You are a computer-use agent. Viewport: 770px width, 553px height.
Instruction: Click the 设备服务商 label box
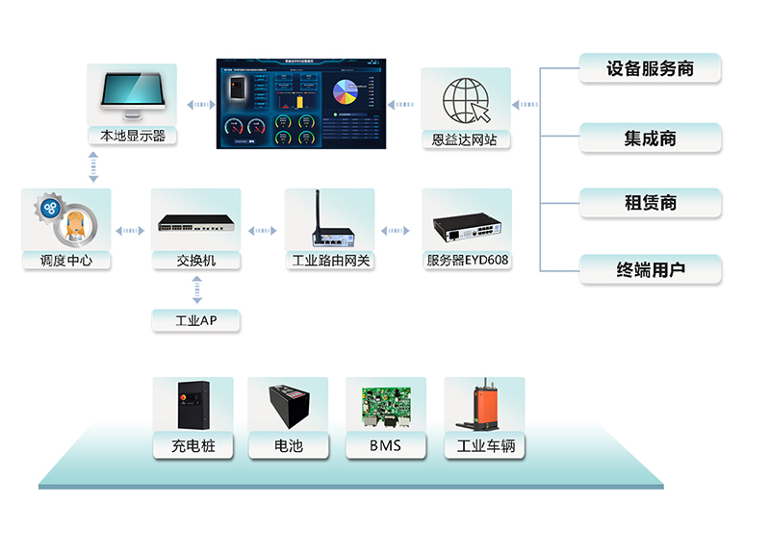coord(650,69)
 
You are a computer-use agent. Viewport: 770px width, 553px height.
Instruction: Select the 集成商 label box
coord(650,138)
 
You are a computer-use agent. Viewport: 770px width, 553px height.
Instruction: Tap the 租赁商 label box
coord(650,203)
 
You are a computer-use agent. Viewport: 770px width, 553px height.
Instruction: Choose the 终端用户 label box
coord(650,270)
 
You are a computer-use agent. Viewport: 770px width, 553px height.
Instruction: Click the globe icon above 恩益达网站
coord(466,99)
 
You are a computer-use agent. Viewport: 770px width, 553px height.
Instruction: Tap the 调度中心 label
coord(66,261)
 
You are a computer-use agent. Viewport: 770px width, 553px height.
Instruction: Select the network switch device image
coord(195,227)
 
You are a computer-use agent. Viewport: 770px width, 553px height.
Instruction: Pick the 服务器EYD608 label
coord(468,261)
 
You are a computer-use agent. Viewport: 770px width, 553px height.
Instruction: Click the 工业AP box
coord(195,321)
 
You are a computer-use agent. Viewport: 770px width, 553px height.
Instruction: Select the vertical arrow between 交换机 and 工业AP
coord(196,288)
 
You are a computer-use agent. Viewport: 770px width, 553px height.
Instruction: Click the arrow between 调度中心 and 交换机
coord(129,231)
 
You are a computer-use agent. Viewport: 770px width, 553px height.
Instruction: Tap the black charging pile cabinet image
coord(193,405)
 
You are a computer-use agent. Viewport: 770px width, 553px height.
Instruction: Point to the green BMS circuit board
coord(385,406)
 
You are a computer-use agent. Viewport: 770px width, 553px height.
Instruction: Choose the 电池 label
coord(289,446)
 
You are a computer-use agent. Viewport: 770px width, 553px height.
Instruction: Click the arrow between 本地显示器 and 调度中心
coord(93,166)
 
